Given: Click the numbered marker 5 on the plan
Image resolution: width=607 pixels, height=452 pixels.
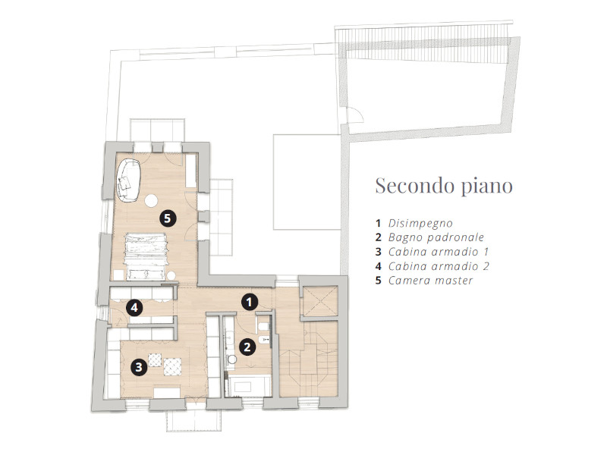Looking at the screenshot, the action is coord(168,218).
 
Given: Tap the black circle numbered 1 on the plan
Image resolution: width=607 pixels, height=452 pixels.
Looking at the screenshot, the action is coord(250,302).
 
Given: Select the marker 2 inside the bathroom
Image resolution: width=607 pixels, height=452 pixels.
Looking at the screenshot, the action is coord(247,347).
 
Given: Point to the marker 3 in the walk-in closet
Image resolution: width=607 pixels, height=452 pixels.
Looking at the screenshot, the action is coord(139,367).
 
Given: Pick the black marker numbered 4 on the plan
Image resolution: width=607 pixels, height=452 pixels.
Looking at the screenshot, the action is coord(134,308).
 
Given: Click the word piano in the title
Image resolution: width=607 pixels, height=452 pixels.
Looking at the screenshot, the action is coord(487,187).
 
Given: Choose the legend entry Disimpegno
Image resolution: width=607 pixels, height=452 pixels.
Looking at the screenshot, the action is coord(420,223).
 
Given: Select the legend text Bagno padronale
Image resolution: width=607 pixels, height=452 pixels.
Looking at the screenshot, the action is coord(436,237).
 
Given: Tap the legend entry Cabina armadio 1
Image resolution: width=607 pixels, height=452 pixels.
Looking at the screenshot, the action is coord(439,252).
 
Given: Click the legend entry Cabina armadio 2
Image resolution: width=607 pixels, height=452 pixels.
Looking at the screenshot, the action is coord(439,266).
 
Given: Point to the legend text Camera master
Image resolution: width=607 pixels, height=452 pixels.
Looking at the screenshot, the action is coord(430,280).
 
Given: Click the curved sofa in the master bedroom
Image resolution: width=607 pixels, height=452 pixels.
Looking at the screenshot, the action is coord(128,180).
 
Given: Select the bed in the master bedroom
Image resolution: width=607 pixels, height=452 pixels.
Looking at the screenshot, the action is coord(145,256).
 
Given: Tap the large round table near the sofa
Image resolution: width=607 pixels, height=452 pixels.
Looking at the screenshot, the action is coord(151,201).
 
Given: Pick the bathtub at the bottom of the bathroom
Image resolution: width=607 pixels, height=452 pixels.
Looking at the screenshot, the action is coord(248,385).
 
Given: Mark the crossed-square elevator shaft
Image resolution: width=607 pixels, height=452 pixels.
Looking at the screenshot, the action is coord(320,301).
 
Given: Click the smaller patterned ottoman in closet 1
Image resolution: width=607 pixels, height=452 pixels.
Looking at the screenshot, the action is coord(155,359).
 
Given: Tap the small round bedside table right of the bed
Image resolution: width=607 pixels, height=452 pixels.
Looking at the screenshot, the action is coord(171,275).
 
